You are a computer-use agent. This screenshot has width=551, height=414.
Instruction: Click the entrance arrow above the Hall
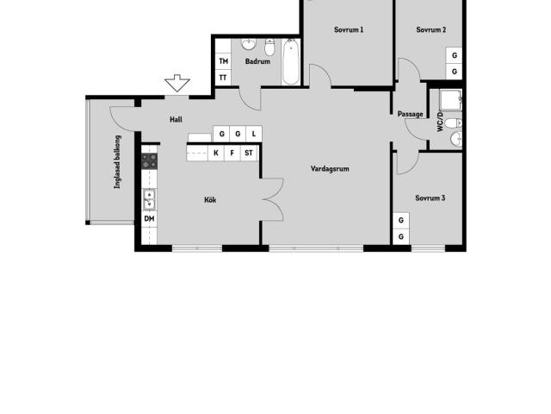click(177, 83)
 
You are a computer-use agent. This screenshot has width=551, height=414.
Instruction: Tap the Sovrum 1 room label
click(349, 29)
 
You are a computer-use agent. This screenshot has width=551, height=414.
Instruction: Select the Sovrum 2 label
click(430, 29)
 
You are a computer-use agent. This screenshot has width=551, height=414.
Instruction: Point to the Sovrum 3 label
click(430, 198)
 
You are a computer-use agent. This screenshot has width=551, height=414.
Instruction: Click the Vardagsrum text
click(330, 169)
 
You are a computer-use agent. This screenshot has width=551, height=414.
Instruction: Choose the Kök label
click(210, 199)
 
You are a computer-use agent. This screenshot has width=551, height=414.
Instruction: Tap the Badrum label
click(257, 61)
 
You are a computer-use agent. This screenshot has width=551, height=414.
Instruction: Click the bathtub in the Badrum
click(291, 62)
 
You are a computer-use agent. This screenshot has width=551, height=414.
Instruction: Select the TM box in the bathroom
click(223, 61)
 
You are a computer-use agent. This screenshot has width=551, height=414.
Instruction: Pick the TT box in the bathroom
click(223, 78)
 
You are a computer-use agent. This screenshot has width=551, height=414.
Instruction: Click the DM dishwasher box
click(149, 218)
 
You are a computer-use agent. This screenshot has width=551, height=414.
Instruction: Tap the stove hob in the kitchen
click(149, 161)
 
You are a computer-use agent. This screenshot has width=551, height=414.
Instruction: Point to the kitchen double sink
click(149, 199)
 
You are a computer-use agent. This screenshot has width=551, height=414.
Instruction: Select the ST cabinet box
click(249, 153)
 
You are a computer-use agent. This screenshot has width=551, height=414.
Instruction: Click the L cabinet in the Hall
click(254, 134)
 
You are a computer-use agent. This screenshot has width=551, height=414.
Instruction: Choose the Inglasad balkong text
click(117, 162)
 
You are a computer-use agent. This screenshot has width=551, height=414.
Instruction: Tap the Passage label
click(410, 114)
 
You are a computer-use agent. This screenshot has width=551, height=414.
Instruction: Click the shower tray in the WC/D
click(451, 100)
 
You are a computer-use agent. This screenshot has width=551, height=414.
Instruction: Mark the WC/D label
click(440, 122)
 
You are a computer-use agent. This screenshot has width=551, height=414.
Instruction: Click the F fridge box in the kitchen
click(232, 153)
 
